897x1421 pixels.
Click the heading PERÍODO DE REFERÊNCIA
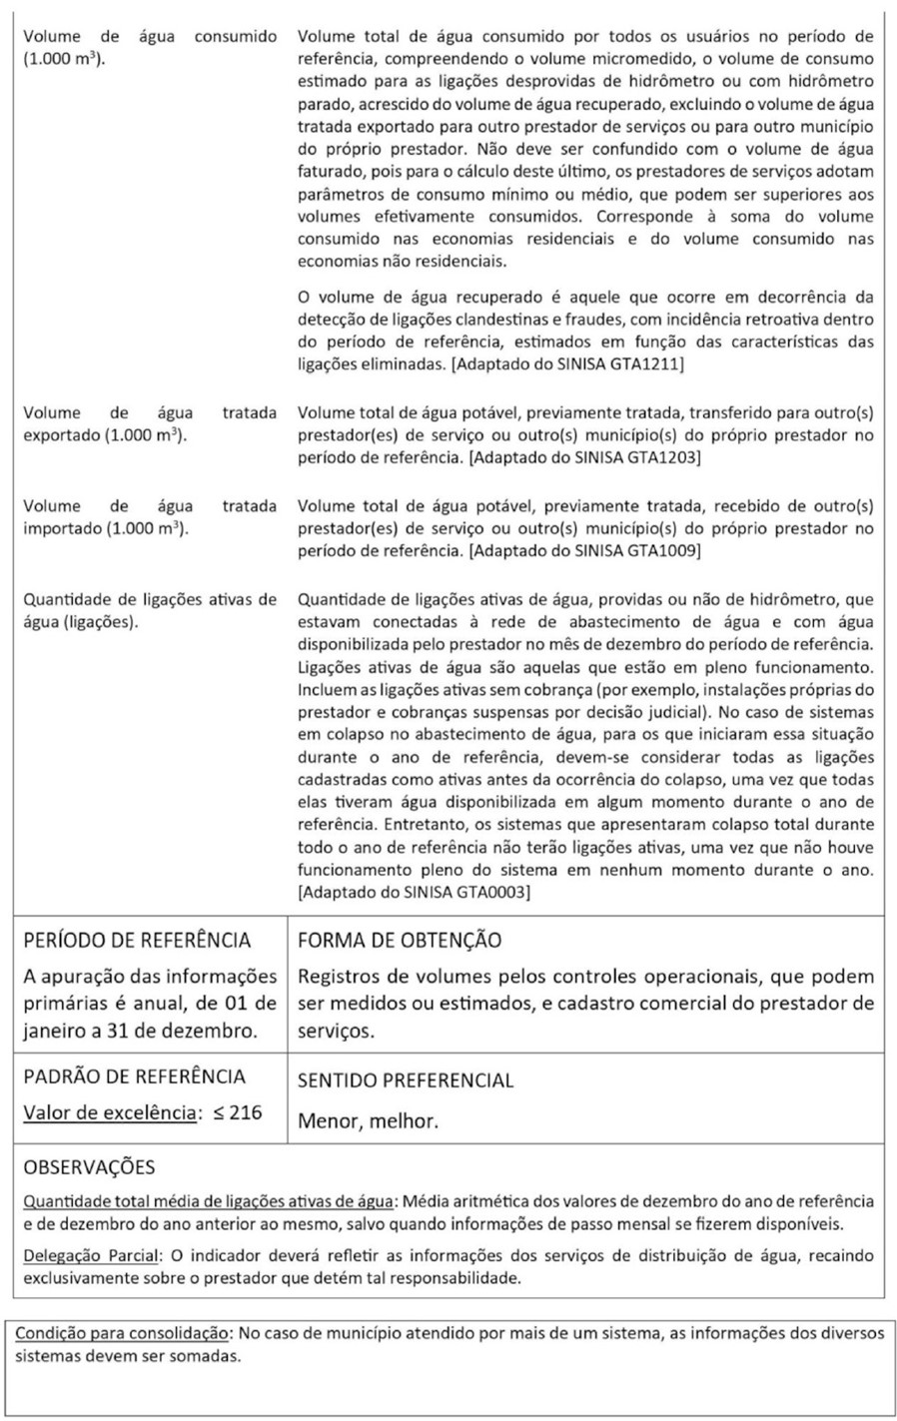coord(137,941)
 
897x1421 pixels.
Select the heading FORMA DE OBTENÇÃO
coord(400,941)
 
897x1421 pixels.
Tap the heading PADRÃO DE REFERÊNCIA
coord(134,1076)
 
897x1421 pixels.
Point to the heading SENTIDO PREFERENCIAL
coord(406,1080)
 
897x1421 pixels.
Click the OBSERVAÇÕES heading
coord(89,1166)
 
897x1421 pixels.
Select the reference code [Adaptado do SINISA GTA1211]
coord(567,364)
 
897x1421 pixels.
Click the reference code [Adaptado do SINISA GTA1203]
coord(584,457)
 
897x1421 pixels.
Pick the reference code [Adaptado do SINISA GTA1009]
coord(584,550)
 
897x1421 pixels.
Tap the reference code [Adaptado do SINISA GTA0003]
coord(414,892)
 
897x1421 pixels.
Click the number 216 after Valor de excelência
coord(245,1111)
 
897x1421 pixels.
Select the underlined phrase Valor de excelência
coord(109,1112)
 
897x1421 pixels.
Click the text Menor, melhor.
coord(368,1121)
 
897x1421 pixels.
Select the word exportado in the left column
coord(61,435)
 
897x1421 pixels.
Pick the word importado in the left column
coord(61,528)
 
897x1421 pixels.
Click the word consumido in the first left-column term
coord(236,36)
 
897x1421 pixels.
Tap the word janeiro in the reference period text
coord(57,1031)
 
